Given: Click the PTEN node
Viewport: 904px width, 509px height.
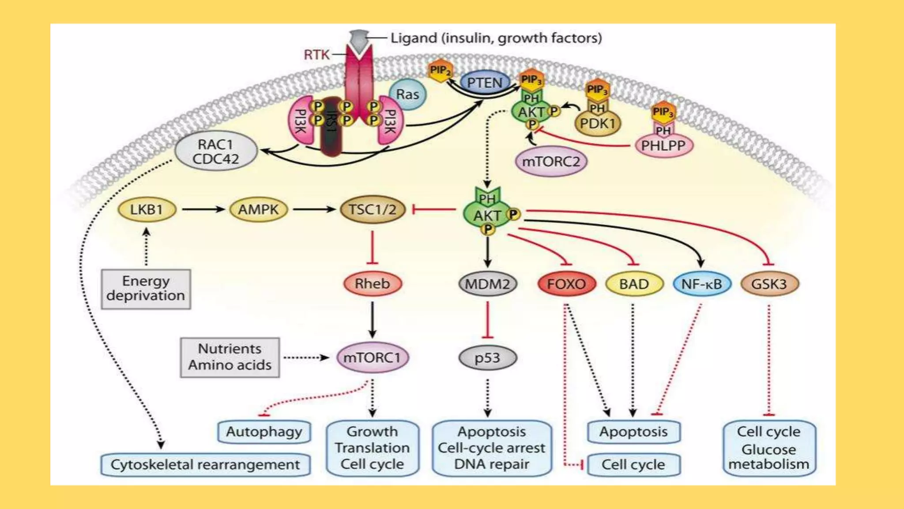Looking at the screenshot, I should click(x=485, y=83).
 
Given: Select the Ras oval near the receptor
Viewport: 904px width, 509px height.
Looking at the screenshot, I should click(x=407, y=94).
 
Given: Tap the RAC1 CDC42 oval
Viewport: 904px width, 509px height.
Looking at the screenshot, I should click(x=216, y=152).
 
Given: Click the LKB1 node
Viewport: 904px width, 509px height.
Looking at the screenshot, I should click(x=147, y=209).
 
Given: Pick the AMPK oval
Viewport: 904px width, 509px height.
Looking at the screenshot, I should click(x=259, y=209).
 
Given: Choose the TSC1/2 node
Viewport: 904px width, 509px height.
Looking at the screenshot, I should click(x=373, y=209).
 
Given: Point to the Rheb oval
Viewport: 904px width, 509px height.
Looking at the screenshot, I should click(x=373, y=284).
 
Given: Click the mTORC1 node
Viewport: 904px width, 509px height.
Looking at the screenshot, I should click(x=373, y=357).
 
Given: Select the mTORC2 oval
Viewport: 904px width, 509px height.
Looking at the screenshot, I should click(x=551, y=162).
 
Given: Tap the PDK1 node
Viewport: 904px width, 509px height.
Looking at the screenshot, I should click(x=598, y=124).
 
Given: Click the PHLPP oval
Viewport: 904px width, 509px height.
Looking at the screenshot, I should click(x=663, y=146).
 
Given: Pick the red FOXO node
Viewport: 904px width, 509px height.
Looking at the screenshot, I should click(x=566, y=284).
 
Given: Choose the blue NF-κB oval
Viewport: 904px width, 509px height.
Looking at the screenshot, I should click(x=701, y=284).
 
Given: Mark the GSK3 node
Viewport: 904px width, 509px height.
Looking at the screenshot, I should click(x=769, y=284).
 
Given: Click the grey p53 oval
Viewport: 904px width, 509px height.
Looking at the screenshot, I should click(x=487, y=357).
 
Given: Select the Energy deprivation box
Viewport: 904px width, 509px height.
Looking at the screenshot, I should click(x=146, y=289).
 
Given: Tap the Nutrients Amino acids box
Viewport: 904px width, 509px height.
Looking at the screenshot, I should click(x=230, y=357).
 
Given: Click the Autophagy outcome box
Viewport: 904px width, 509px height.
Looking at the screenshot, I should click(x=264, y=432).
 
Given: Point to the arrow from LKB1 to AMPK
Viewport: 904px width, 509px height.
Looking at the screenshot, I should click(x=203, y=209).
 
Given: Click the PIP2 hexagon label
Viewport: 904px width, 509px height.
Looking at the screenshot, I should click(x=440, y=71).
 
